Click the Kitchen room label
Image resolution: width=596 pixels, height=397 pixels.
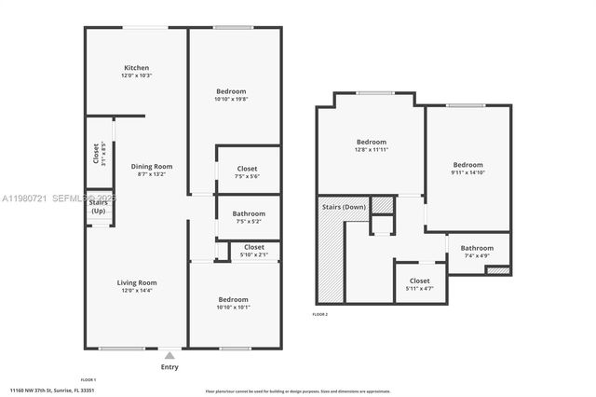click(138, 68)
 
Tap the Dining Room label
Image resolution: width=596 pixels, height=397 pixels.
click(151, 166)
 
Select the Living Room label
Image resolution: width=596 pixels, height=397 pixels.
click(136, 282)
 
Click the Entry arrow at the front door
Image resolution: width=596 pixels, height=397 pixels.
click(169, 354)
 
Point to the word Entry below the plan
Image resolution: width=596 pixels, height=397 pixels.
click(169, 367)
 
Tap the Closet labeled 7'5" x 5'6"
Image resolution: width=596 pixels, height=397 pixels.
click(247, 169)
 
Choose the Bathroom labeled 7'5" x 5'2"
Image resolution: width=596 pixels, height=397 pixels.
click(249, 213)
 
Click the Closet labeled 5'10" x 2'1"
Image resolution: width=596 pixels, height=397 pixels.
click(253, 247)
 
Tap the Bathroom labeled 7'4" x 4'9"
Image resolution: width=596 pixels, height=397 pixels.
click(477, 248)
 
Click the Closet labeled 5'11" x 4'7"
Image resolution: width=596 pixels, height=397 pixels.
click(420, 281)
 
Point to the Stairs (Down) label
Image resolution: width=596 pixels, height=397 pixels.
click(343, 207)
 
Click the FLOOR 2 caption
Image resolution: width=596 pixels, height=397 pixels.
click(321, 315)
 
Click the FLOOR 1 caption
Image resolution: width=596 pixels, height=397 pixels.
click(88, 380)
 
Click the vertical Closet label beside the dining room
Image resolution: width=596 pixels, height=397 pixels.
click(96, 153)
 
